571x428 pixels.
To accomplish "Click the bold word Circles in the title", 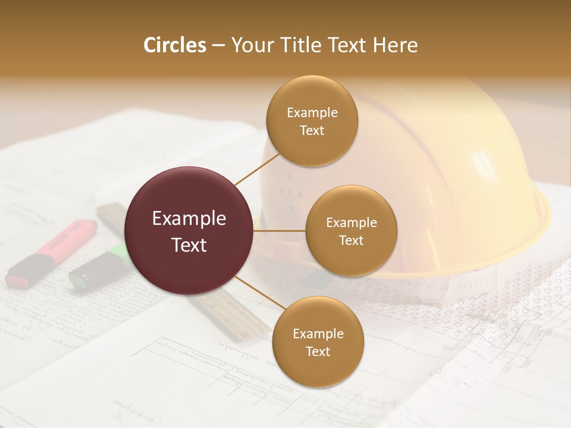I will [174, 45].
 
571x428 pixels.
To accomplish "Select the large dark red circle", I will [189, 231].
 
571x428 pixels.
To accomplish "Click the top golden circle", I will [312, 121].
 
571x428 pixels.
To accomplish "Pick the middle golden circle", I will [351, 231].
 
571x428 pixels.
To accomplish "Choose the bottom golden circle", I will [318, 342].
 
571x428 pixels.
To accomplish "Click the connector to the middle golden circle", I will [280, 231].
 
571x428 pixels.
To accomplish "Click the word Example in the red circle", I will [189, 219].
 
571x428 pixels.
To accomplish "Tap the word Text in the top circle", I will [312, 131].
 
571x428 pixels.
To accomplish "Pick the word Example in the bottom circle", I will [318, 333].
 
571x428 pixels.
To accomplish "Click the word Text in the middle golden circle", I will [351, 240].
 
